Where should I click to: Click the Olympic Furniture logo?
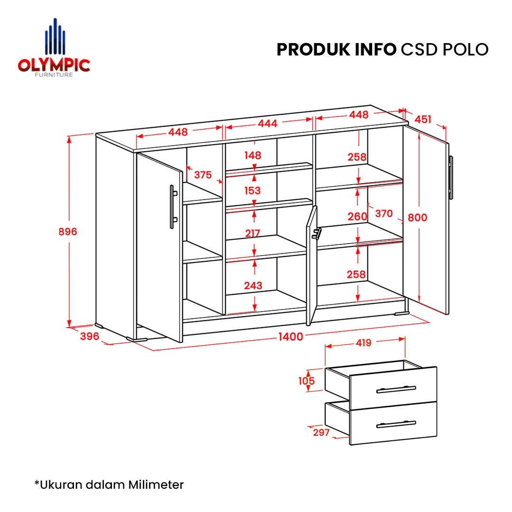[x=54, y=48]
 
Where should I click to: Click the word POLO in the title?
[x=466, y=50]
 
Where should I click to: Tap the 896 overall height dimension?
[x=68, y=231]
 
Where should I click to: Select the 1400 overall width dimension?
[x=291, y=337]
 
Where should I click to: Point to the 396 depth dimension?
[x=90, y=336]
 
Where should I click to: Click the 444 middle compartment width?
[x=267, y=123]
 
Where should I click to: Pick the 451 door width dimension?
[x=423, y=119]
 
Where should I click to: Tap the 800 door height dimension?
[x=417, y=218]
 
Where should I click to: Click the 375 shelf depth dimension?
[x=203, y=174]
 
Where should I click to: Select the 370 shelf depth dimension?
[x=384, y=213]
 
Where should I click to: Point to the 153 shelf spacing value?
[x=252, y=191]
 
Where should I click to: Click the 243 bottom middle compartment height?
[x=253, y=285]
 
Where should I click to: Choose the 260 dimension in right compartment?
[x=357, y=216]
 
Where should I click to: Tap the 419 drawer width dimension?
[x=364, y=343]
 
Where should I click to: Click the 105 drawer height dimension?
[x=306, y=381]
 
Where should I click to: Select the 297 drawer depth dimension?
[x=321, y=432]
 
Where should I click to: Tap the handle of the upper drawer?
[x=396, y=390]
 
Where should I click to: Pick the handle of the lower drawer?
[x=396, y=424]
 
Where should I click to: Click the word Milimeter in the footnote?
[x=156, y=485]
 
